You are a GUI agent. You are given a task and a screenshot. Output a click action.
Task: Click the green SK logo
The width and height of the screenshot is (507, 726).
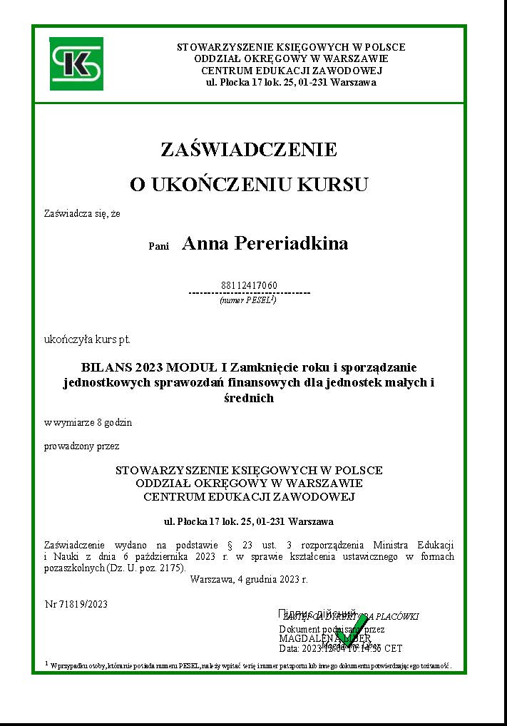pos(76,63)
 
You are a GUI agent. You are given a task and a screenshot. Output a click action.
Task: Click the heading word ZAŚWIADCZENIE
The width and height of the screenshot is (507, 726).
pos(249,150)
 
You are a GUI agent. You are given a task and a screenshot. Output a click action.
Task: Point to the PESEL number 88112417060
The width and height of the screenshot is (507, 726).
pos(249,285)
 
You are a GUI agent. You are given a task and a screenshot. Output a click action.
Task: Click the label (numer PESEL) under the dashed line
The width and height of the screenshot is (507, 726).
pos(248,301)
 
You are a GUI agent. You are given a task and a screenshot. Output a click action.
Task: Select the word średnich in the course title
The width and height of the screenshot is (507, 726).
pos(249,399)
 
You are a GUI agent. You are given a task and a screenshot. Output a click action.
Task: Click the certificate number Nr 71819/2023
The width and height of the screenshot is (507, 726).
pos(76,604)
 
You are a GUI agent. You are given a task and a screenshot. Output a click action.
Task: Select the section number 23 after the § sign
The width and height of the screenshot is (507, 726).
pos(260,544)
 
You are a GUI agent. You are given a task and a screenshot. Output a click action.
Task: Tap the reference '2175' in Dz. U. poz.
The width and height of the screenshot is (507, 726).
pos(171,568)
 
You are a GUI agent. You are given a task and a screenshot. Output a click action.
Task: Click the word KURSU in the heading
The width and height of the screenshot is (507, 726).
pos(332,185)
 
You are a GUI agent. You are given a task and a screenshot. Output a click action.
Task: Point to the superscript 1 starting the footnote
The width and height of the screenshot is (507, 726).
pos(46,663)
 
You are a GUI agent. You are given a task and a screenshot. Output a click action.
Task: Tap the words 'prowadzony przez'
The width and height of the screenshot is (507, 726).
pos(82,446)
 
